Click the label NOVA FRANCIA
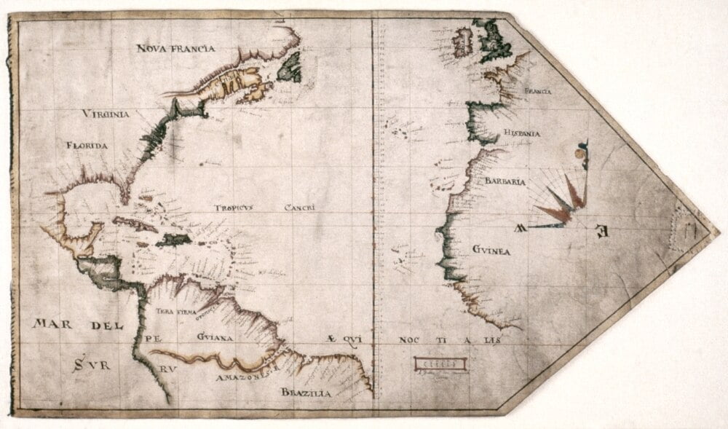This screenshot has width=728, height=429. (x=175, y=49)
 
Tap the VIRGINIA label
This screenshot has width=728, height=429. (x=106, y=114)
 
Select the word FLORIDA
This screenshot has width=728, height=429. (x=87, y=146)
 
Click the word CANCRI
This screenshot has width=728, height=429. (x=299, y=207)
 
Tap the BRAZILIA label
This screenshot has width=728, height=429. (x=306, y=393)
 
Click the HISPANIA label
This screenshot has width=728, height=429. (x=521, y=133)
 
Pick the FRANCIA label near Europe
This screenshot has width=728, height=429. (x=537, y=91)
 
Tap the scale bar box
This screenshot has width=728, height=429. (x=437, y=363)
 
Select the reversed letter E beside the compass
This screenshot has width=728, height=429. (x=601, y=232)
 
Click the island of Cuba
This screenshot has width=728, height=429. (x=135, y=223)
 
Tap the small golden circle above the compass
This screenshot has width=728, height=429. (x=579, y=154)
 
